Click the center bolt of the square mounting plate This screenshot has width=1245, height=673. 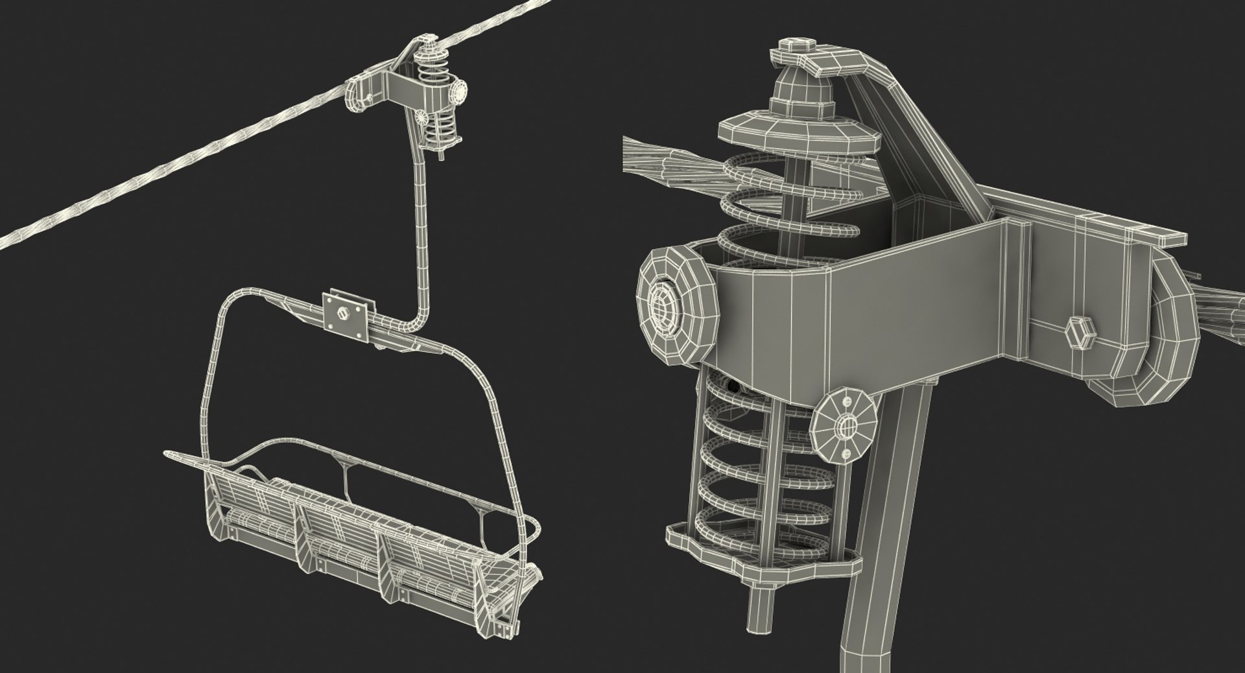click(x=343, y=312)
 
